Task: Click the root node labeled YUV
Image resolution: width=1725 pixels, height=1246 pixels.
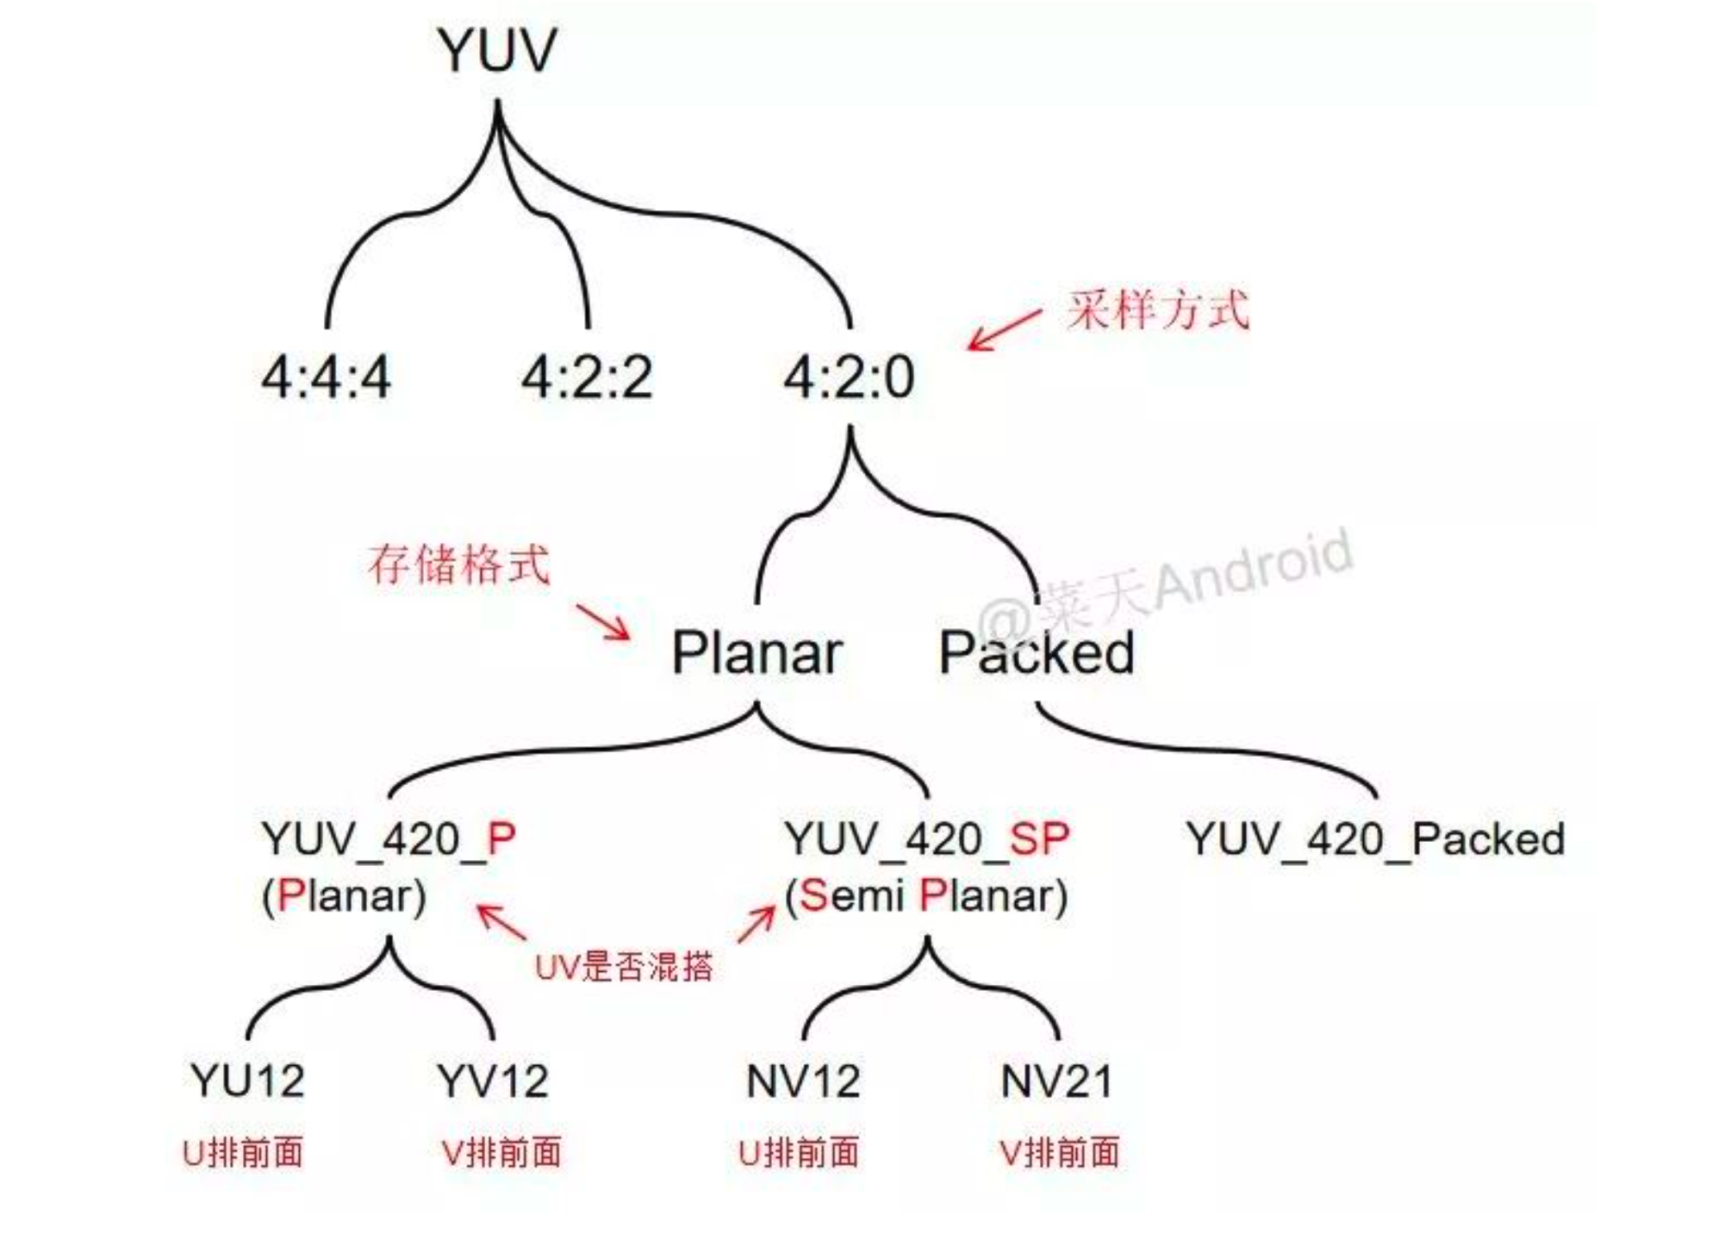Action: coord(497,51)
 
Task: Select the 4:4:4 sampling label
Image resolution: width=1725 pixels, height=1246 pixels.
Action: coord(326,377)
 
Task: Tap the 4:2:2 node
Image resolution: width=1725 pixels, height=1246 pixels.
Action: coord(587,377)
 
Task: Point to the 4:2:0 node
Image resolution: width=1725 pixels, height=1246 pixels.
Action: coord(849,377)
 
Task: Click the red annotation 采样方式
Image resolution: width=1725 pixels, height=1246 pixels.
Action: coord(1157,310)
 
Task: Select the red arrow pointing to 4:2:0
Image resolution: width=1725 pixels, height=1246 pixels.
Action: coord(1004,330)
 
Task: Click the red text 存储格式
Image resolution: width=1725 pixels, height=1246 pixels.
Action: coord(458,565)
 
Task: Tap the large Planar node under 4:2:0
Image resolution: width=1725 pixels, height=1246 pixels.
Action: coord(757,653)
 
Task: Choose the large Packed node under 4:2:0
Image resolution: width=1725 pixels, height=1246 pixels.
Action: coord(1037,653)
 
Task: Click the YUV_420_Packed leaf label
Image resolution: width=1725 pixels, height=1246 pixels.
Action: coord(1375,838)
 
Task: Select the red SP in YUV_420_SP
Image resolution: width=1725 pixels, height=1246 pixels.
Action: coord(1039,838)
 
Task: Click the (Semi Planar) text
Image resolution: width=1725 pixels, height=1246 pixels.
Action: coord(926,896)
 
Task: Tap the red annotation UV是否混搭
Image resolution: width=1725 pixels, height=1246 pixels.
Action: coord(624,967)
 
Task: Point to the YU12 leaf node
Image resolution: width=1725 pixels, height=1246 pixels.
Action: coord(247,1081)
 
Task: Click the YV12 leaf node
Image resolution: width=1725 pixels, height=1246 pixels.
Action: coord(492,1081)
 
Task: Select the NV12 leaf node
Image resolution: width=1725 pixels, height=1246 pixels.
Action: coord(803,1081)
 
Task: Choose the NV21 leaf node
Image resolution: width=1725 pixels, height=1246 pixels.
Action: coord(1057,1081)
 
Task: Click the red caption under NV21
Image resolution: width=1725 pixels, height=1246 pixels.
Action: coord(1059,1153)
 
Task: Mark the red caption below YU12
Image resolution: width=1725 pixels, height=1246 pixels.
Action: coord(243,1153)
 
